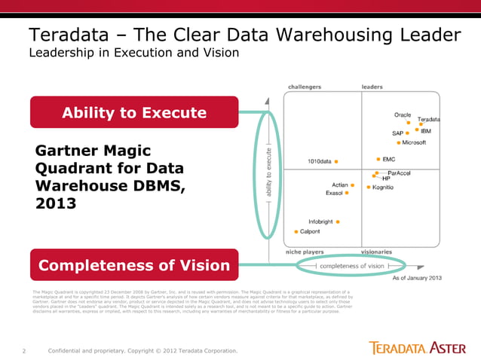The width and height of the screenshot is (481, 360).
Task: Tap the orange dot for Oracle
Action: [409, 122]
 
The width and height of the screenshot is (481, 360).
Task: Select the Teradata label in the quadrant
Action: [429, 120]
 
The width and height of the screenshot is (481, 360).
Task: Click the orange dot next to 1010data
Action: [336, 161]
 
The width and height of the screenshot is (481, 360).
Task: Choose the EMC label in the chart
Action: [390, 160]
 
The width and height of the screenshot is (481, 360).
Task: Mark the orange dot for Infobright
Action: [339, 222]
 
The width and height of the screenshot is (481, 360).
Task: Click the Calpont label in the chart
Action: [310, 232]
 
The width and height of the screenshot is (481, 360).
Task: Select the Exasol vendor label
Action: [334, 194]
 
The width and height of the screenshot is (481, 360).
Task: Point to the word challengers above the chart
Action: [305, 87]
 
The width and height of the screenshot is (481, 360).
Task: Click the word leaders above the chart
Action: [372, 87]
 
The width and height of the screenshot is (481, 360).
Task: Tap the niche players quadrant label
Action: [305, 252]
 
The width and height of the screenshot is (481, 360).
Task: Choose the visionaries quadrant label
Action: [377, 252]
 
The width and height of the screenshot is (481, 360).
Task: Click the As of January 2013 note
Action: [417, 279]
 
